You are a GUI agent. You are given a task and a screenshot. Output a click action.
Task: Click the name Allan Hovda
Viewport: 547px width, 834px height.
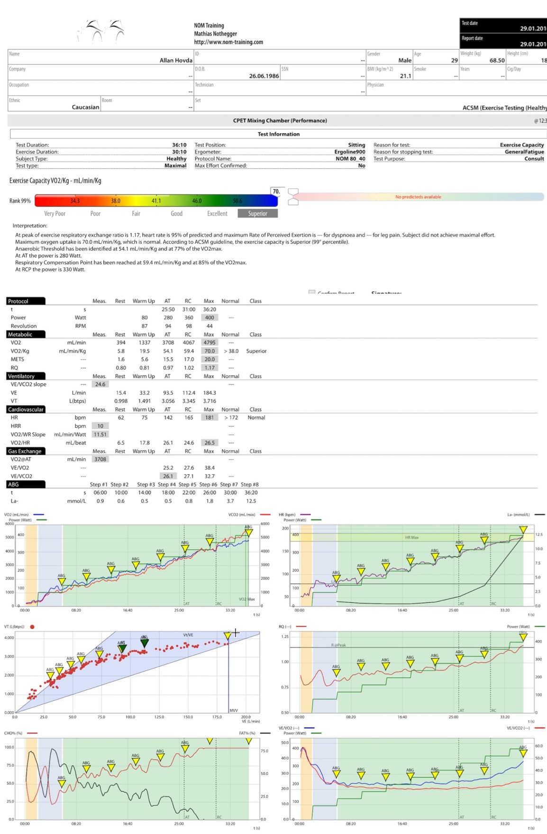coord(176,60)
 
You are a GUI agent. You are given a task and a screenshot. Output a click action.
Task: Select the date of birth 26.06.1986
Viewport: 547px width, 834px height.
coord(264,76)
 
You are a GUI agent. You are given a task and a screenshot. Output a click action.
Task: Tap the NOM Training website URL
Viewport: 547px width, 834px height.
coord(228,42)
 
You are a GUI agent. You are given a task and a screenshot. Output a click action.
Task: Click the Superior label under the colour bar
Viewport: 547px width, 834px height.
coord(257,214)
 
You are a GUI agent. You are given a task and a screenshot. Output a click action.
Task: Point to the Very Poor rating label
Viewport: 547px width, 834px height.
coord(55,214)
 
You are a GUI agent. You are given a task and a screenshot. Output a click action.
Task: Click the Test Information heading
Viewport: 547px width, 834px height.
coord(279,134)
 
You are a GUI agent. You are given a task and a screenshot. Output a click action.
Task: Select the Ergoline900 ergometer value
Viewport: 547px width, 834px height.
coord(350,152)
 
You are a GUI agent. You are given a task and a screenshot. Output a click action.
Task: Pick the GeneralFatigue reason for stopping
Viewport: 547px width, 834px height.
coord(524,152)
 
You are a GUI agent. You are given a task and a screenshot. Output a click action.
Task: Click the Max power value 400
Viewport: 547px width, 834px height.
coord(210,318)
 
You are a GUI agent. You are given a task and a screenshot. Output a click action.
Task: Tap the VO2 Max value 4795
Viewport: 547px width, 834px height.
coord(210,343)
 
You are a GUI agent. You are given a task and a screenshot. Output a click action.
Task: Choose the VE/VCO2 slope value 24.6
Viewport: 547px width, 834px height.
coord(100,384)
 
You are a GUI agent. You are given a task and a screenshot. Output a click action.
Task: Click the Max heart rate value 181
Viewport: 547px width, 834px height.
coord(210,418)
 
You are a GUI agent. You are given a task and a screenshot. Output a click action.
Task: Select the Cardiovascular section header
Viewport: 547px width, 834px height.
coord(26,409)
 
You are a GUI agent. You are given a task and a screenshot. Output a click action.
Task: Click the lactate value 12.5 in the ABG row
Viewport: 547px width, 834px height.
coord(251,501)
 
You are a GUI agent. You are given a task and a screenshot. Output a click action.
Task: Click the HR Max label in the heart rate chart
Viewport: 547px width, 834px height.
coord(411,537)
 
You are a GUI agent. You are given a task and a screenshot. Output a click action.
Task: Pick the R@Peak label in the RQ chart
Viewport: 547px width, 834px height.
coord(338,645)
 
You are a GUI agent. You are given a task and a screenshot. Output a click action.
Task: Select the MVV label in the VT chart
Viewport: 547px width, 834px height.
coord(234,710)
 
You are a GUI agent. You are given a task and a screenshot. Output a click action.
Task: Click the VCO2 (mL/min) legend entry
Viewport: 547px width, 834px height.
coord(242,515)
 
